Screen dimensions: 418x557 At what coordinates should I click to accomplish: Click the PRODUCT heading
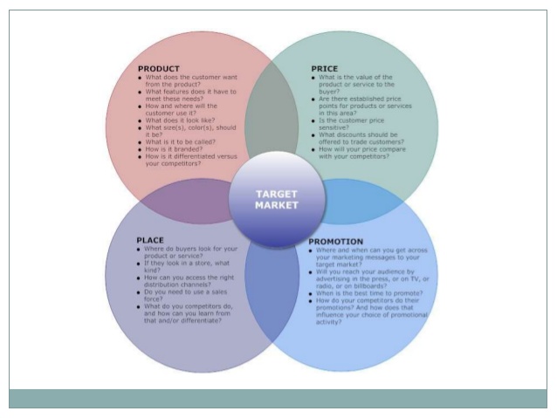pos(159,69)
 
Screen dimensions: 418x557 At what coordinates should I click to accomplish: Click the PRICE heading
pos(324,69)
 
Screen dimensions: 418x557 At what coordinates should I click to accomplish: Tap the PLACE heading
pos(150,240)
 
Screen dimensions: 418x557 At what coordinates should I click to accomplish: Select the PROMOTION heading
pos(335,241)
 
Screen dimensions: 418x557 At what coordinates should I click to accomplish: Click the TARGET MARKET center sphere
pos(277,200)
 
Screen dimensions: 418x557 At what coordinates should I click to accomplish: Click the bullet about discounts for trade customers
pos(357,140)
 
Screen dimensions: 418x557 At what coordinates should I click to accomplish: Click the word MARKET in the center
pos(277,206)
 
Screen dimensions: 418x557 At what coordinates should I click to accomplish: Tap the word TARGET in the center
pos(277,195)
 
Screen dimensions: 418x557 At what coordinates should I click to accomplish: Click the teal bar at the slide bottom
pos(278,397)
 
